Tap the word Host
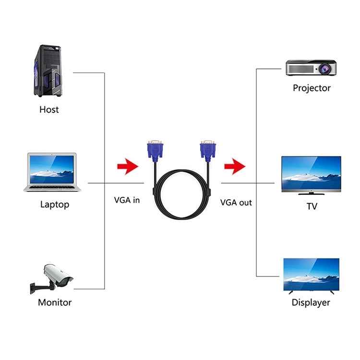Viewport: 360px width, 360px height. click(x=49, y=109)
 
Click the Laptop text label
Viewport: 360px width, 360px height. click(x=54, y=204)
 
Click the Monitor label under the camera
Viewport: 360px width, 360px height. click(x=54, y=302)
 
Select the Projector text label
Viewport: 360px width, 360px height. click(x=312, y=88)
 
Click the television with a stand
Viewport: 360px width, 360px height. click(x=311, y=175)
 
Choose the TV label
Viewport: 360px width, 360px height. click(x=312, y=206)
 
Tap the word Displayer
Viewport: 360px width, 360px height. click(x=311, y=302)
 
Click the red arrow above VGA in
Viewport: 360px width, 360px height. click(x=127, y=167)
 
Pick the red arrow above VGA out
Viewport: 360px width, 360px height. click(x=235, y=167)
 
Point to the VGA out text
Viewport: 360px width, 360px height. click(x=236, y=203)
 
